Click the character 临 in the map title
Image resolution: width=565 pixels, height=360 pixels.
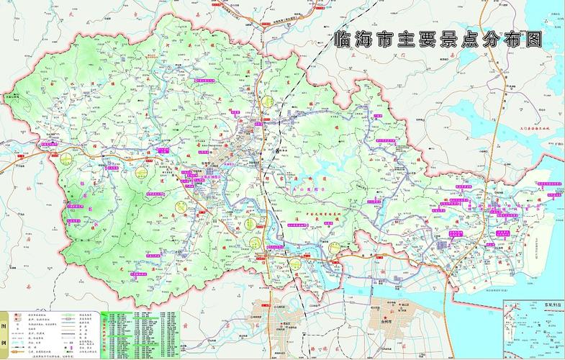pyautogui.click(x=346, y=39)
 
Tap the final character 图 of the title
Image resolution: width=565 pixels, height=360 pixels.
pyautogui.click(x=532, y=39)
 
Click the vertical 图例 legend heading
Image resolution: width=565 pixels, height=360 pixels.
pyautogui.click(x=5, y=333)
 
